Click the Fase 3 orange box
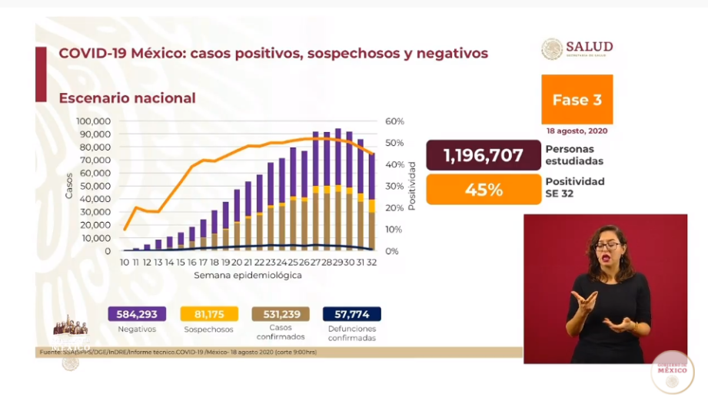577,100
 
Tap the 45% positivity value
484,190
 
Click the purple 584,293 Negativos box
137,314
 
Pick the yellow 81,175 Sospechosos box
208,314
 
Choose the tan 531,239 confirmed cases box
281,314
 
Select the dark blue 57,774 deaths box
352,314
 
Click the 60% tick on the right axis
395,121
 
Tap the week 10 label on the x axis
125,263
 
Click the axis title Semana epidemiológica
247,275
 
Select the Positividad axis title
412,186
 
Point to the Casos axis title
69,186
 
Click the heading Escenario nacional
127,98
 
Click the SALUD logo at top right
577,49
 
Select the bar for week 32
371,202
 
